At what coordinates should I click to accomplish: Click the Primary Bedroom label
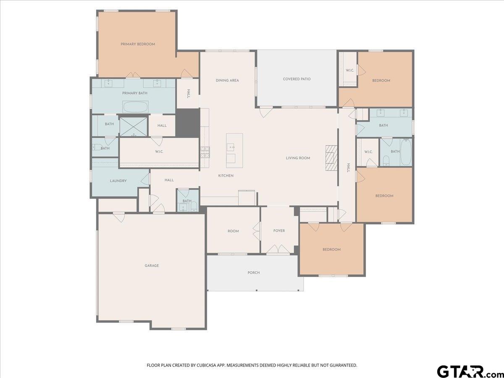coord(138,44)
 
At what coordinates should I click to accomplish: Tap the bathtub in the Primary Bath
coord(136,107)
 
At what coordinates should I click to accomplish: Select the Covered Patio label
coord(297,79)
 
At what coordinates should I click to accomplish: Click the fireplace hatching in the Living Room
coord(331,158)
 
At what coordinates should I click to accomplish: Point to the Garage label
coord(152,265)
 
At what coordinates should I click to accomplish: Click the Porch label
coord(254,273)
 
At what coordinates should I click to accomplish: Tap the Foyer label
coord(279,231)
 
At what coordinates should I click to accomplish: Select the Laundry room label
coord(118,181)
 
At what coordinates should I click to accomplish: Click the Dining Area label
coord(227,80)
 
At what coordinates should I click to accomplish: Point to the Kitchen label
coord(226,176)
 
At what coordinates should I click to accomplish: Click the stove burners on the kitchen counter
coord(205,152)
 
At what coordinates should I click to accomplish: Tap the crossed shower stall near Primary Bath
coord(134,127)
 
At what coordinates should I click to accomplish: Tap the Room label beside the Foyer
coord(233,231)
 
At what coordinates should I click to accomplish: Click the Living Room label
coord(298,158)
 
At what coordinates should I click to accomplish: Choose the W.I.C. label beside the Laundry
coord(159,152)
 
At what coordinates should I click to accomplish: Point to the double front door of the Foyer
coord(278,249)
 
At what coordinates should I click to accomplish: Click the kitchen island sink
coord(231,147)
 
